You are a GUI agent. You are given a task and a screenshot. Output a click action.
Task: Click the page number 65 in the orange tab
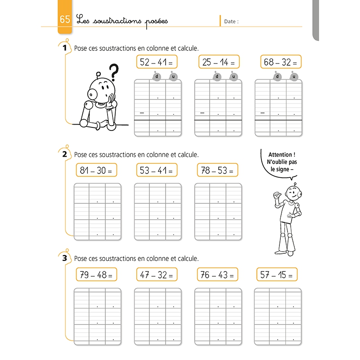pos(64,20)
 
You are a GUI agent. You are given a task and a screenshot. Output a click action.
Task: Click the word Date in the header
pos(230,21)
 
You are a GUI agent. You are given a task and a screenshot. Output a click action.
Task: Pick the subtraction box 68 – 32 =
pos(281,62)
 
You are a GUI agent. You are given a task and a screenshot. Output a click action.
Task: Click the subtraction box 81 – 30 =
pos(95,170)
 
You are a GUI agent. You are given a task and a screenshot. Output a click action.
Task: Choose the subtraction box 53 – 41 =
pos(156,170)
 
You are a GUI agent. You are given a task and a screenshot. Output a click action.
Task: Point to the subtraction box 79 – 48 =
pos(95,274)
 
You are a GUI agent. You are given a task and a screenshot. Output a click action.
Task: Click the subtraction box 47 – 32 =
pos(156,274)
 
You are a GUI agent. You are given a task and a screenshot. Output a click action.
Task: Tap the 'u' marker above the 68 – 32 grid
pos(294,77)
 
